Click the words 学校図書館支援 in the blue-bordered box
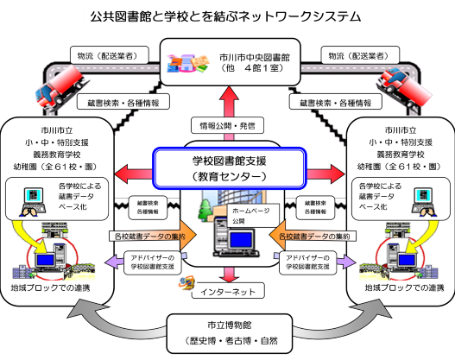tap(229, 161)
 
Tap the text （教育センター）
tap(229, 176)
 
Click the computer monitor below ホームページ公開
tap(243, 241)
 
